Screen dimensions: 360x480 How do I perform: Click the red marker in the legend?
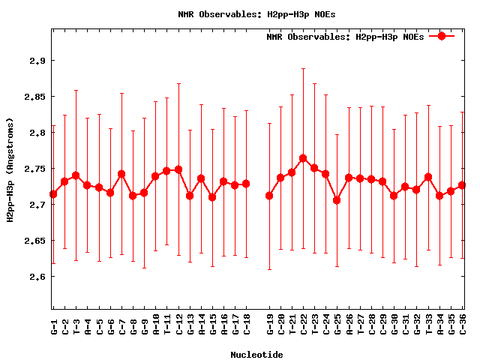442,36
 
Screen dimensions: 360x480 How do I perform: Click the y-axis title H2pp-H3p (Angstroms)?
10,170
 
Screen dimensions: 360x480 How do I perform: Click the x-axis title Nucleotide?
256,355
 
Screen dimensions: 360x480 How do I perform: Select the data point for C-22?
303,158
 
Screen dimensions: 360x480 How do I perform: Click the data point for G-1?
53,194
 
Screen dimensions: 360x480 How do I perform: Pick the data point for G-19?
269,196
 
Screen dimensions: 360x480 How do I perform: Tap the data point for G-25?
337,200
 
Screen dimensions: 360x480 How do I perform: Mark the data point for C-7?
121,174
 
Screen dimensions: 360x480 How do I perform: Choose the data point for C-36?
462,185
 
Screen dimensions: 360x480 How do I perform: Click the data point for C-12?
178,169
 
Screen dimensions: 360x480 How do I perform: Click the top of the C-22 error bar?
303,68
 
